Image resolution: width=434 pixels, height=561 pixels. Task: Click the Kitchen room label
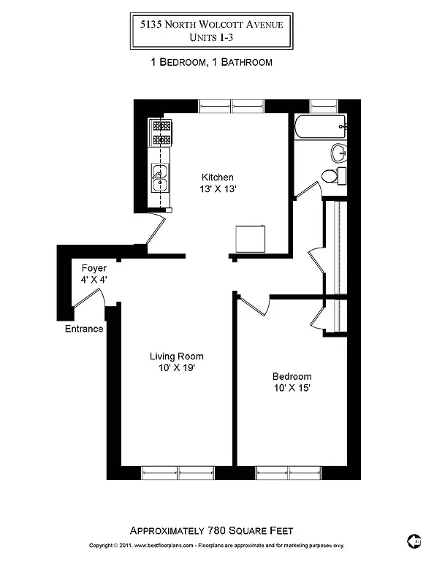(x=218, y=177)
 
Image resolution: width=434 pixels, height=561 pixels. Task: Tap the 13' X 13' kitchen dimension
(x=218, y=188)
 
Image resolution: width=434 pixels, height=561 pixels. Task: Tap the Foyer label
(x=94, y=268)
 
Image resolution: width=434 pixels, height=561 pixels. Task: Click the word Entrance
(x=84, y=329)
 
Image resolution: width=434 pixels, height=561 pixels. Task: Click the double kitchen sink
(x=160, y=178)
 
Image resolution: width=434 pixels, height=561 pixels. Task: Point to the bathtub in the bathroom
(x=319, y=129)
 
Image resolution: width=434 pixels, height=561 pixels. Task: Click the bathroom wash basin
(x=338, y=153)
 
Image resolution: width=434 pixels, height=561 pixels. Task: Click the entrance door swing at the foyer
(x=93, y=299)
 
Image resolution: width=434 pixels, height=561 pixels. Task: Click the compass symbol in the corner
(x=414, y=541)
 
